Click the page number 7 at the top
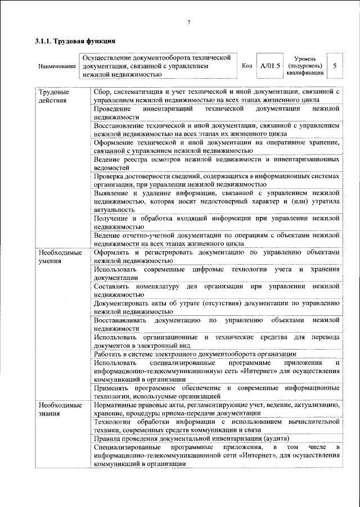189,22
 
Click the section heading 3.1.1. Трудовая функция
75,42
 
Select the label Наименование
57,66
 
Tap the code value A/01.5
270,66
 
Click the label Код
246,66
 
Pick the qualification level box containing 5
335,66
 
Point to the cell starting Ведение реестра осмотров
217,164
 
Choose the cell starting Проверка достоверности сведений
217,180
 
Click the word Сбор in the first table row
103,91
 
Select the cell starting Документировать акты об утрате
217,307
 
